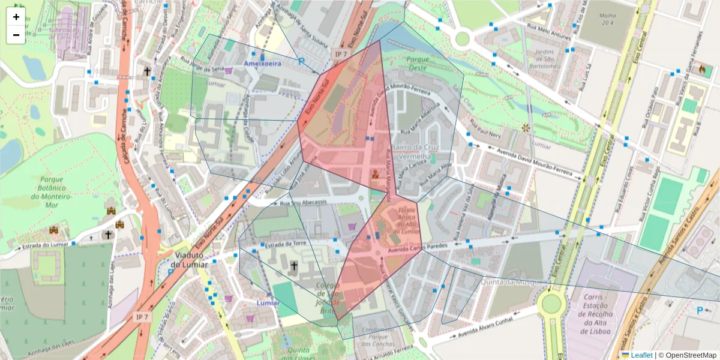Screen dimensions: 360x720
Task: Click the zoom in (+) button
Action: tap(16, 17)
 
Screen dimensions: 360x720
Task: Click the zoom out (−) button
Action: tap(16, 35)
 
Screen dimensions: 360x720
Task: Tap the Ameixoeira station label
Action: tap(262, 63)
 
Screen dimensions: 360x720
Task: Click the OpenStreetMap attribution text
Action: tap(688, 355)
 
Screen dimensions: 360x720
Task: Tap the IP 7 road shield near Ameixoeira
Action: tap(341, 54)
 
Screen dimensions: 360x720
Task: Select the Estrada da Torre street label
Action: tap(286, 244)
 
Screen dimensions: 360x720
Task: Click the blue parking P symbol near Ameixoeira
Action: tap(301, 62)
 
